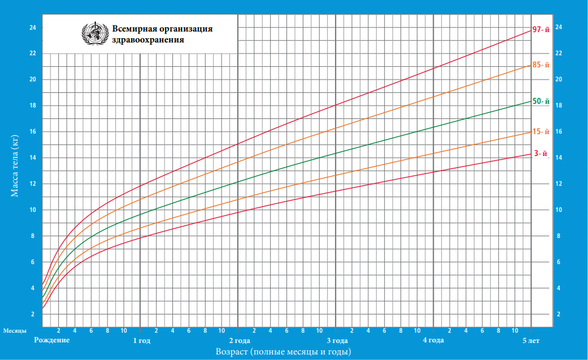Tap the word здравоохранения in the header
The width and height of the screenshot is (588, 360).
tap(148, 40)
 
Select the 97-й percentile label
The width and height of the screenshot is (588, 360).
tap(540, 30)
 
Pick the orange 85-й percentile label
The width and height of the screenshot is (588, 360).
tap(540, 65)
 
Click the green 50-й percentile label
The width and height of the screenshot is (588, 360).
tap(540, 101)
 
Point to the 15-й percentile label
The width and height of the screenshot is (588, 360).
tap(540, 132)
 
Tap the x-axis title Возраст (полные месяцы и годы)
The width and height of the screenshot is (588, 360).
tap(283, 352)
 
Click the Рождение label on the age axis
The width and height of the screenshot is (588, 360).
tap(52, 341)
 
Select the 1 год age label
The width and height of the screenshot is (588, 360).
tap(141, 341)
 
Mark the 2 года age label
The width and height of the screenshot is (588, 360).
tap(239, 341)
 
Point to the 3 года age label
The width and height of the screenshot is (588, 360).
tap(337, 341)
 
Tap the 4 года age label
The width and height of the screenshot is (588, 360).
tap(433, 341)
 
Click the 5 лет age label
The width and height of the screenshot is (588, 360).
tap(531, 341)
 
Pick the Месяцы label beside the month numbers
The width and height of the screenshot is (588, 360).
tap(15, 331)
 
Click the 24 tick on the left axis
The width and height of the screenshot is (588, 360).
tap(33, 27)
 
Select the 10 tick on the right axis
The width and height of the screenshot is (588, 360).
tap(559, 210)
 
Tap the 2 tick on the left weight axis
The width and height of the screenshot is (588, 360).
tap(33, 314)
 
